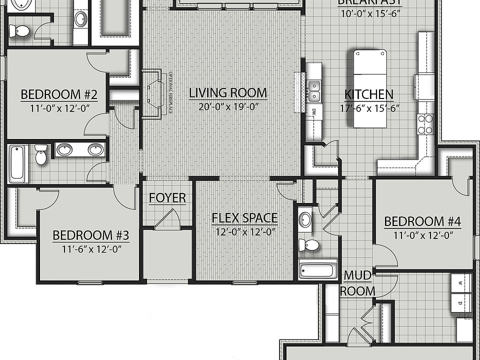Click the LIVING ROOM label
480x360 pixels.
click(227, 93)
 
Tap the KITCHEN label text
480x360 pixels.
click(369, 94)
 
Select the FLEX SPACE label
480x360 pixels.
click(244, 218)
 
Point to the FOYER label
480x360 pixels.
click(167, 198)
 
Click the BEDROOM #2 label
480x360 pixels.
click(58, 94)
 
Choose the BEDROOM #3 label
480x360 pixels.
click(91, 235)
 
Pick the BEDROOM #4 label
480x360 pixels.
click(422, 221)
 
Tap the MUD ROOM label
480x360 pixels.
click(357, 283)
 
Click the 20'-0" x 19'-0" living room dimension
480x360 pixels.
click(227, 106)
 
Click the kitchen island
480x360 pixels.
click(370, 88)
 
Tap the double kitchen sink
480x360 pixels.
click(314, 90)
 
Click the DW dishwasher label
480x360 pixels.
click(314, 112)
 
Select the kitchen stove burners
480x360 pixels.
click(424, 124)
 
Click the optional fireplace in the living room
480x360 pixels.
click(152, 93)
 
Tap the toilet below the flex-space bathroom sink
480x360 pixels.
click(311, 245)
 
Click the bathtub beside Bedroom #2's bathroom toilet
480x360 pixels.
click(17, 163)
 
